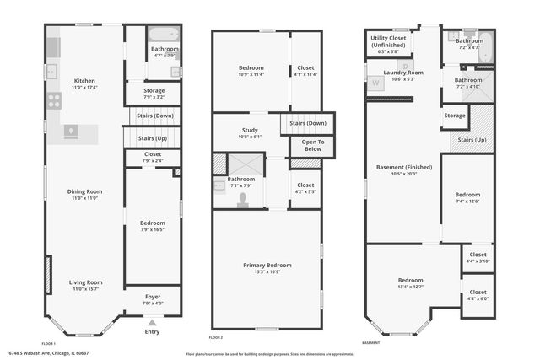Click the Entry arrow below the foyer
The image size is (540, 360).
pos(152,322)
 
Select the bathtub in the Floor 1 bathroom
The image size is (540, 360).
pos(164,35)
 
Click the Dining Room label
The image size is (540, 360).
pos(84,191)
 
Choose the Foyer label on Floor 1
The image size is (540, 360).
pos(152,297)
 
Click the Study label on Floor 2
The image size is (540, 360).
pos(249,130)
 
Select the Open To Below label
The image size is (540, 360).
pos(307,145)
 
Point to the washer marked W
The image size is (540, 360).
pos(375,83)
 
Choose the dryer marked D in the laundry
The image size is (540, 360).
pos(406,65)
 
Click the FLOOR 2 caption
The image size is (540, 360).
pos(217,337)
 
